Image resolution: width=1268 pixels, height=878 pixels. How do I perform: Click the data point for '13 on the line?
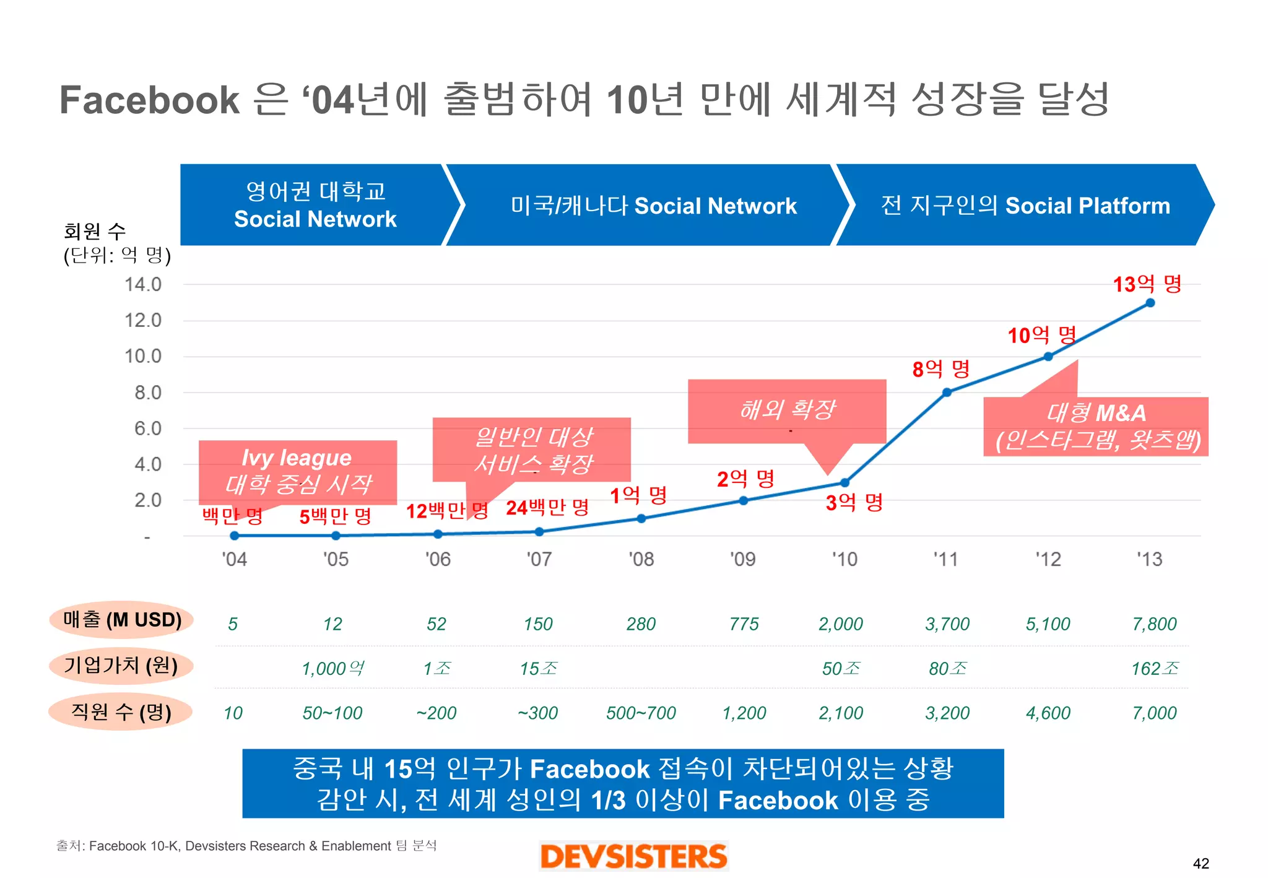[1150, 303]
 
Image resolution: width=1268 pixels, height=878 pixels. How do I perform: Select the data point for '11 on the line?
[946, 392]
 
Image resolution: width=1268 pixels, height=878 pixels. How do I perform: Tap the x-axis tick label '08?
[641, 559]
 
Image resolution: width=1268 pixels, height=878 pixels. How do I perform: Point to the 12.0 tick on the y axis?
[143, 320]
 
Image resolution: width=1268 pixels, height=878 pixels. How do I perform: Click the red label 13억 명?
[1147, 284]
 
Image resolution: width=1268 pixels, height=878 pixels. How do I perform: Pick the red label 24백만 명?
[547, 508]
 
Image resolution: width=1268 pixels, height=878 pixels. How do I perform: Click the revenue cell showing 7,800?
[1154, 624]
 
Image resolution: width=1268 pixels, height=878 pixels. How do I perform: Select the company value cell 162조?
[1155, 669]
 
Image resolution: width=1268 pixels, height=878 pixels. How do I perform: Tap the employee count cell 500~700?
[641, 713]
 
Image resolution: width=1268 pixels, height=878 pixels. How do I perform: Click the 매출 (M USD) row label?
[122, 619]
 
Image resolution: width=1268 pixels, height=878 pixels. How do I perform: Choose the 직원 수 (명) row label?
[121, 711]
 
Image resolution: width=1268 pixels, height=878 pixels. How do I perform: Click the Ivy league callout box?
[297, 471]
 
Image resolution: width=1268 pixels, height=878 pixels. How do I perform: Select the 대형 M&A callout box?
[1096, 427]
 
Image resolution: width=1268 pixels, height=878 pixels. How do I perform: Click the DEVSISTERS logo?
[633, 856]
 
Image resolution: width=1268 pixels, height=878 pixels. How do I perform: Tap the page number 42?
[1201, 863]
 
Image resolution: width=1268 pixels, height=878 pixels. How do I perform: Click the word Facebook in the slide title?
[149, 100]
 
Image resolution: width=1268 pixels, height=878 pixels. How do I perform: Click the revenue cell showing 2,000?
[840, 624]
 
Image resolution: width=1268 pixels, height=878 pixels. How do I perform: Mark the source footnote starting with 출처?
[246, 846]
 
